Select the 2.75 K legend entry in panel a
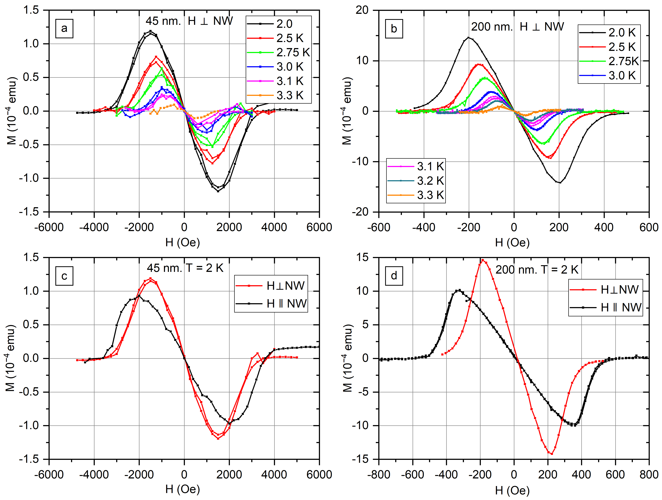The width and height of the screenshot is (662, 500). click(x=278, y=52)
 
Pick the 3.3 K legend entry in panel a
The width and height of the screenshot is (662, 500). click(x=278, y=95)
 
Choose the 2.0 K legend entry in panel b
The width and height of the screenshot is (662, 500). click(x=608, y=32)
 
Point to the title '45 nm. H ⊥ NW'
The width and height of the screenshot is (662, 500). click(x=189, y=21)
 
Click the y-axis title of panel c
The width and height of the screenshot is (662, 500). click(x=11, y=358)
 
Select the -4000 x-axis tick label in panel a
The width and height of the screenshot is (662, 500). click(x=94, y=227)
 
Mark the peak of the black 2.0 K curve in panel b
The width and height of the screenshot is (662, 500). click(x=469, y=38)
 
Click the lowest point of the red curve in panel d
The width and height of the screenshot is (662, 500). click(x=551, y=454)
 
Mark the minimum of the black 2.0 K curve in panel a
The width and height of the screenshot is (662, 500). click(x=218, y=191)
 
